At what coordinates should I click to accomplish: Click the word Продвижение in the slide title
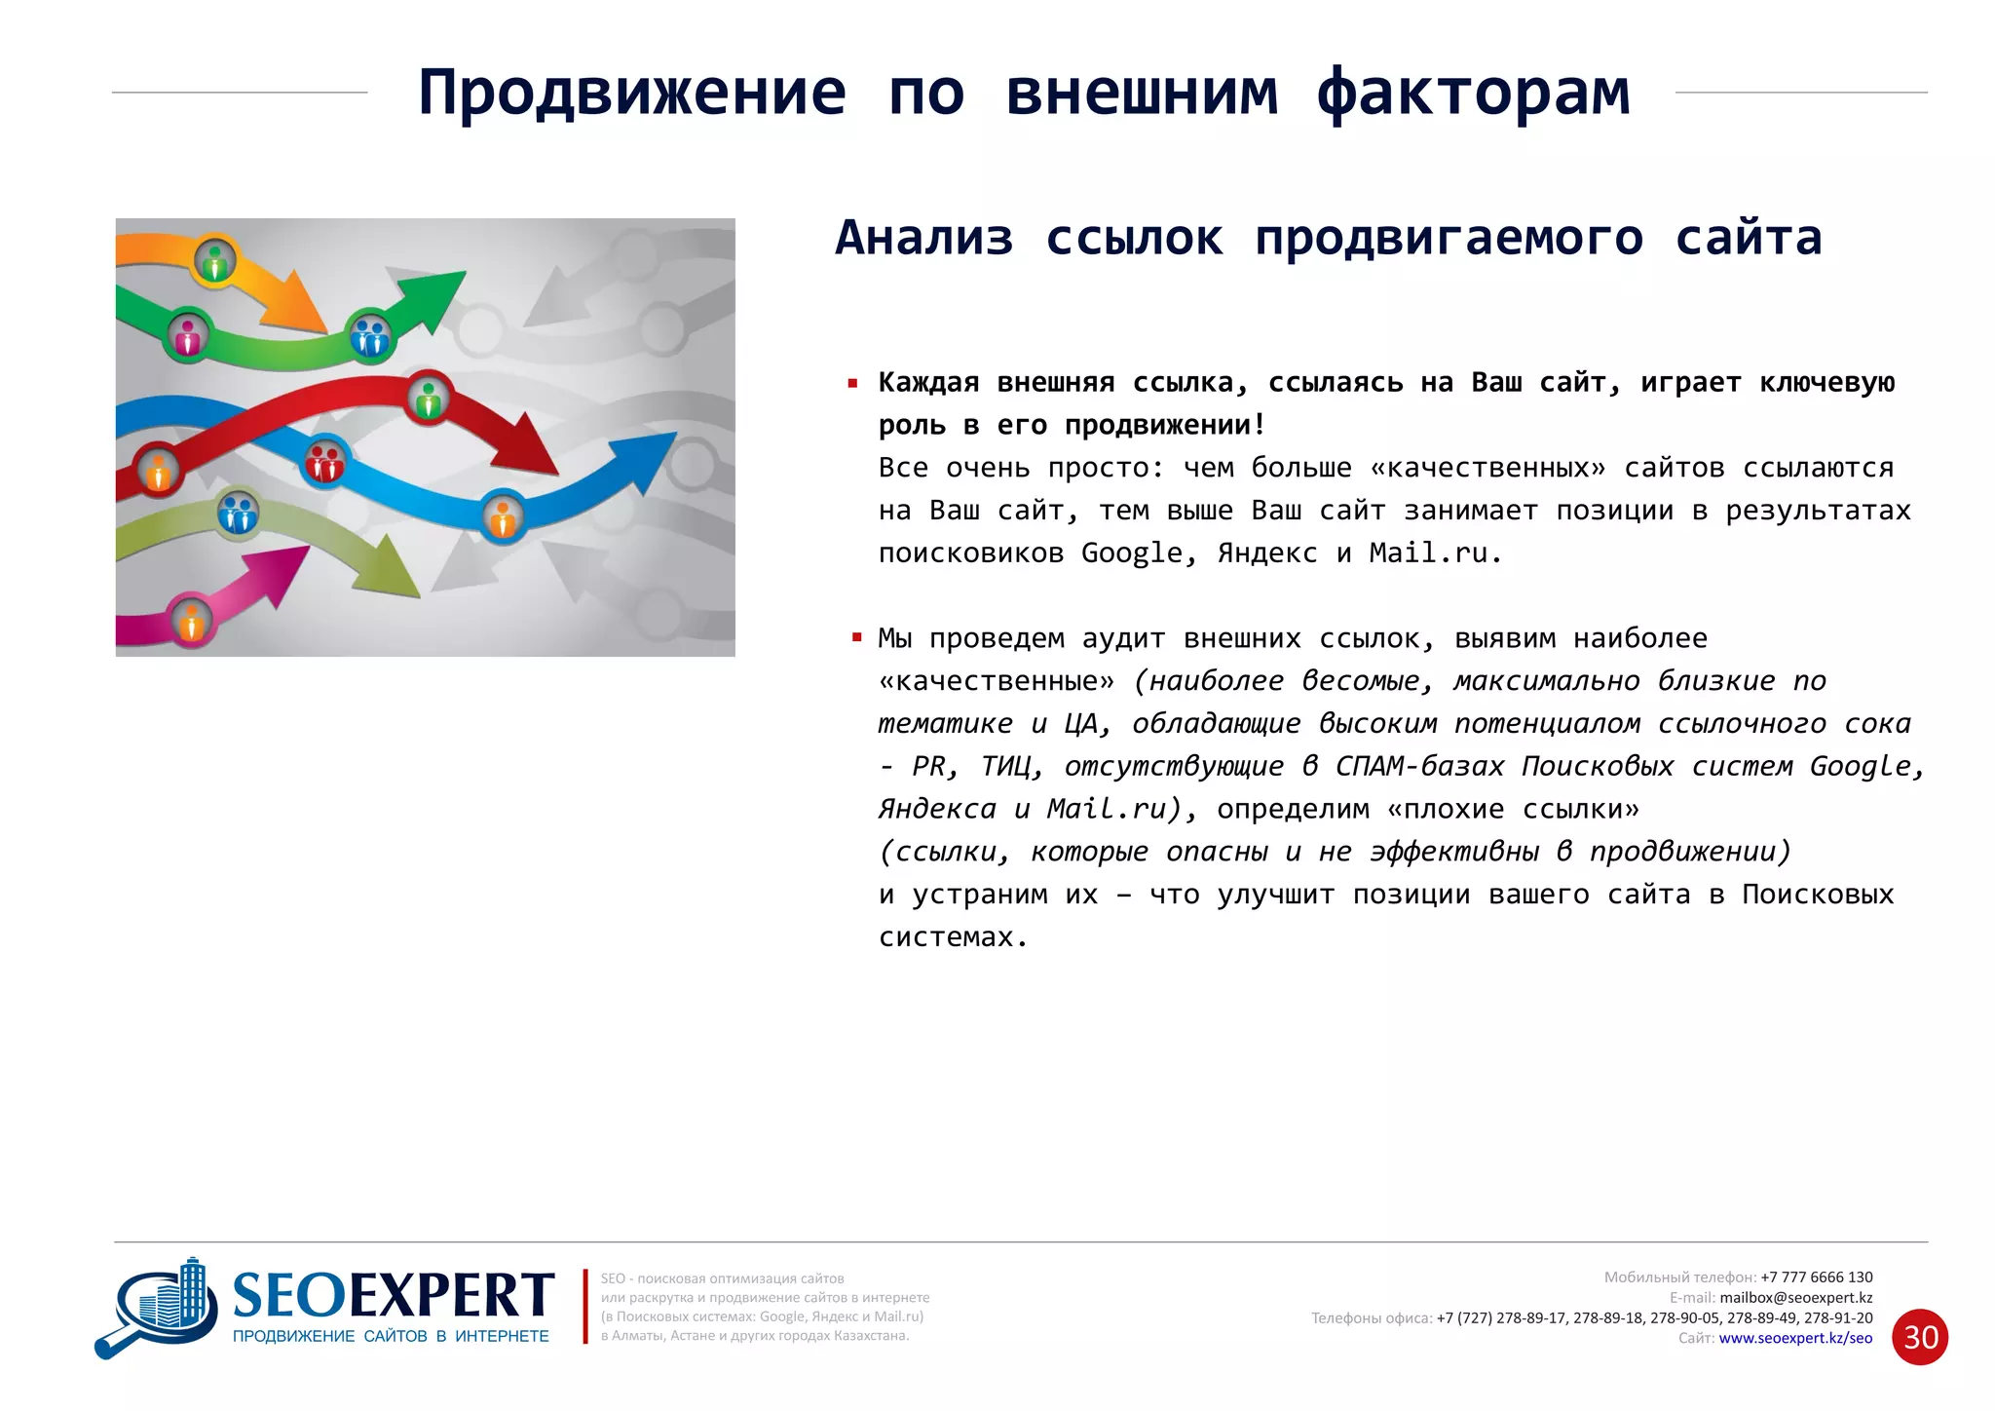coord(632,94)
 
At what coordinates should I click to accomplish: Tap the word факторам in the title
coord(1473,94)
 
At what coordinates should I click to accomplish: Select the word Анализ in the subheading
coord(923,239)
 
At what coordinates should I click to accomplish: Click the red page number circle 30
coord(1919,1337)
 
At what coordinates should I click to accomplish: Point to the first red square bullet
coord(853,384)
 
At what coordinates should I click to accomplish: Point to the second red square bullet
coord(857,638)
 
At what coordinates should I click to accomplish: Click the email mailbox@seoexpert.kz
coord(1795,1298)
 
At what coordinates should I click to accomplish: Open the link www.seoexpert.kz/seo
coord(1794,1338)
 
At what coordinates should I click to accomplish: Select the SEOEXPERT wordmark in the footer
coord(394,1296)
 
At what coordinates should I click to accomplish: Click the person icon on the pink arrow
coord(192,620)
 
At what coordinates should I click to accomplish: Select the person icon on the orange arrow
coord(214,261)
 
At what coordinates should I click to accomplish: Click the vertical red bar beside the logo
coord(584,1306)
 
